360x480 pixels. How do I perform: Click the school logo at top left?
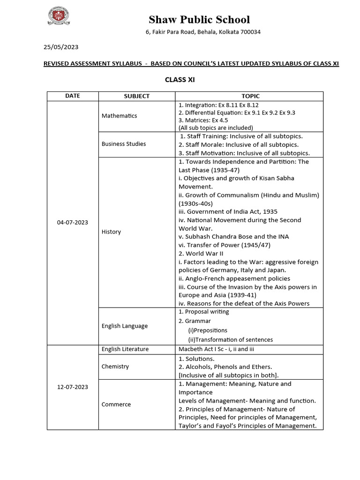pyautogui.click(x=59, y=17)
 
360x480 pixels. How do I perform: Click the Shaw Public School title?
pyautogui.click(x=199, y=20)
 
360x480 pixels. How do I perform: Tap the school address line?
pyautogui.click(x=202, y=32)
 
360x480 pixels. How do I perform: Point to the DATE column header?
pyautogui.click(x=72, y=96)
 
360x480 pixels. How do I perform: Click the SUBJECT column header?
pyautogui.click(x=136, y=96)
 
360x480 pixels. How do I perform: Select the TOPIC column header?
pyautogui.click(x=250, y=96)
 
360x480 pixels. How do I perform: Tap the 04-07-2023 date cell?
pyautogui.click(x=72, y=222)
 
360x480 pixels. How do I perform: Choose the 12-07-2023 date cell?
pyautogui.click(x=72, y=387)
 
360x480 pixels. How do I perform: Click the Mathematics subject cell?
pyautogui.click(x=119, y=116)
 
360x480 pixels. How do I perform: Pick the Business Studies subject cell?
pyautogui.click(x=124, y=144)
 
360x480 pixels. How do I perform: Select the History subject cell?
pyautogui.click(x=111, y=232)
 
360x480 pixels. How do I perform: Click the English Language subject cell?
pyautogui.click(x=125, y=326)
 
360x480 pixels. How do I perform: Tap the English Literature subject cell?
pyautogui.click(x=125, y=349)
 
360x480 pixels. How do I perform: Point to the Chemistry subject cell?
pyautogui.click(x=115, y=366)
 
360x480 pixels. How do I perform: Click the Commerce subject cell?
pyautogui.click(x=116, y=404)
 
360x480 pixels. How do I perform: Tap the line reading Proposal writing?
pyautogui.click(x=204, y=312)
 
